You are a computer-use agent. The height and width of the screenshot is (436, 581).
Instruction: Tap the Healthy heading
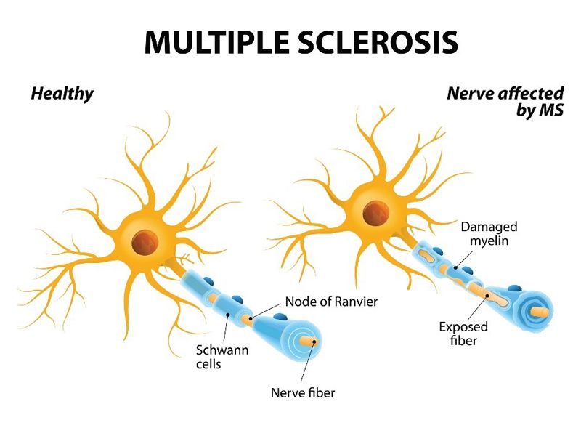pos(62,94)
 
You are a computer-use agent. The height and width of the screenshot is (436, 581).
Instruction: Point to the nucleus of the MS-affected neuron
pos(375,212)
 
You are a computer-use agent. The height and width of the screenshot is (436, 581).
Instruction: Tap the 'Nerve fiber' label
pos(302,394)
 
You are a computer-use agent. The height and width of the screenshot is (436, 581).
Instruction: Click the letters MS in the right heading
pos(550,113)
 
